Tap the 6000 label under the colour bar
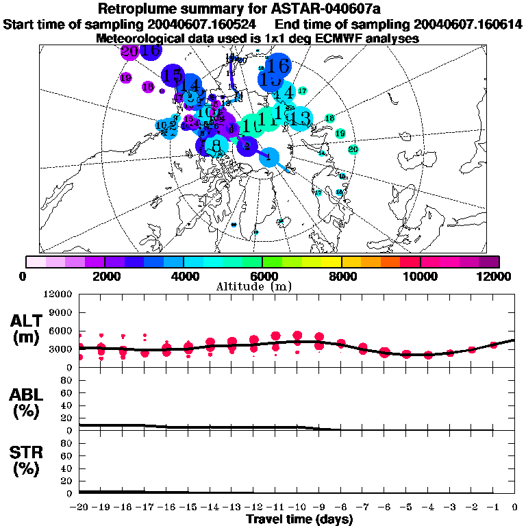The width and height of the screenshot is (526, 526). (x=262, y=276)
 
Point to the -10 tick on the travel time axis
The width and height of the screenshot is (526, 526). (x=297, y=508)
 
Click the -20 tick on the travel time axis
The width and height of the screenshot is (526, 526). (x=80, y=508)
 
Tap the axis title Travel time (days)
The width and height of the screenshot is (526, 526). (x=299, y=520)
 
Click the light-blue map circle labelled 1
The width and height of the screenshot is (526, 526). (x=269, y=157)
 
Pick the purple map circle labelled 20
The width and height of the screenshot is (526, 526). (x=129, y=51)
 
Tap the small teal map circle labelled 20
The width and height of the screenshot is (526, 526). (x=353, y=149)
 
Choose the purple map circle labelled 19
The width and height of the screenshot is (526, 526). (x=125, y=78)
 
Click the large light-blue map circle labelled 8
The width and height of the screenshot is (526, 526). (x=216, y=145)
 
